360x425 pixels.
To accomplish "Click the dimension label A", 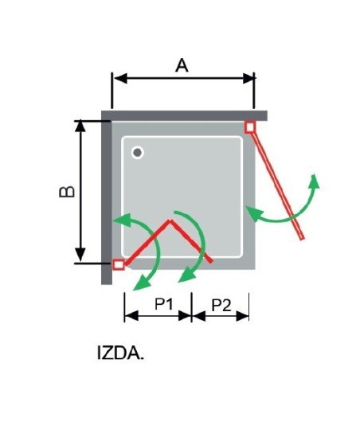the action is click(x=182, y=66).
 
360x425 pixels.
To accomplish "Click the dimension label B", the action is click(x=67, y=192).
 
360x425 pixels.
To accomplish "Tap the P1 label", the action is click(x=164, y=304).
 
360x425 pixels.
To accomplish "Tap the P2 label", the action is click(x=221, y=306).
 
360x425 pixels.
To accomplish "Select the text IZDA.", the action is click(x=120, y=353).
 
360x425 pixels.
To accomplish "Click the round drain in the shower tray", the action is click(x=138, y=153).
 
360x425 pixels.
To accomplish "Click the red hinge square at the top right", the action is click(x=250, y=127).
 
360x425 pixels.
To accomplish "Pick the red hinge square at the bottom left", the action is click(x=119, y=264).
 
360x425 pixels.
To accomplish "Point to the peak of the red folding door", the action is click(x=170, y=221).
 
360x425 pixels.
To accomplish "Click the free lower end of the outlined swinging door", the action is click(x=302, y=238).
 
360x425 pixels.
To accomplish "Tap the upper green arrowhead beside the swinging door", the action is click(x=315, y=180).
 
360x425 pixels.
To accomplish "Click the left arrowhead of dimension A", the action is click(x=120, y=78).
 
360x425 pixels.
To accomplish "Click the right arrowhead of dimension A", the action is click(x=248, y=78).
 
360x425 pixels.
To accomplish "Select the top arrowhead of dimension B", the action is click(x=80, y=126).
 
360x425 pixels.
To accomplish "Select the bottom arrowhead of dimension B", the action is click(x=80, y=255).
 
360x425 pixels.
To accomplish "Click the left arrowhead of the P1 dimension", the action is click(x=131, y=316).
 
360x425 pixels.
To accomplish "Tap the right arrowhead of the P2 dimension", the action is click(x=242, y=316).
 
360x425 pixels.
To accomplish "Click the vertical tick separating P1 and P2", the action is click(x=191, y=307).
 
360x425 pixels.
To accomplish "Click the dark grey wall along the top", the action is click(x=184, y=115).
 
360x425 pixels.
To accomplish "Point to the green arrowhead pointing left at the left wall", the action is click(x=122, y=219).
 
